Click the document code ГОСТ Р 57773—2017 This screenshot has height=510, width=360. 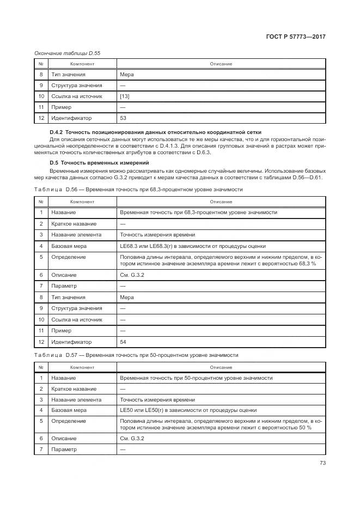tap(300, 37)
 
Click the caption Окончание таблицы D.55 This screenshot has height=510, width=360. tap(67, 53)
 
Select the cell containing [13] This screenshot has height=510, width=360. tap(125, 96)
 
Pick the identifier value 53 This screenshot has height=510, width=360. tap(123, 118)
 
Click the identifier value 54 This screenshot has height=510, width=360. tap(123, 342)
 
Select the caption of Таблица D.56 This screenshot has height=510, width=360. tap(138, 189)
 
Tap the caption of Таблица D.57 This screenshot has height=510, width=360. tap(136, 355)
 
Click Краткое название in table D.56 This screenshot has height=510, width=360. tap(74, 224)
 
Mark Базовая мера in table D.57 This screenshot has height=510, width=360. tap(69, 410)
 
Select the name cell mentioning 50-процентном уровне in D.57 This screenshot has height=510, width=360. tap(196, 378)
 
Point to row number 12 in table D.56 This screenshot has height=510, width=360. tap(41, 342)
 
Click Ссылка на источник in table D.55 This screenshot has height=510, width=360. tap(76, 96)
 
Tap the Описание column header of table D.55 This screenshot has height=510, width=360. tap(221, 64)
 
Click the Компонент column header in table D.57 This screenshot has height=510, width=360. tap(82, 367)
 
